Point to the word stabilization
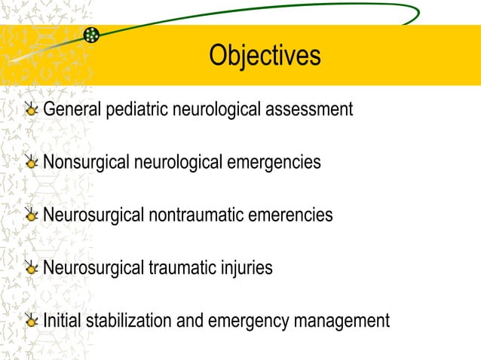[x=130, y=320]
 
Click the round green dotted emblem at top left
[x=91, y=34]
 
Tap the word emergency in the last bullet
[x=252, y=321]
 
